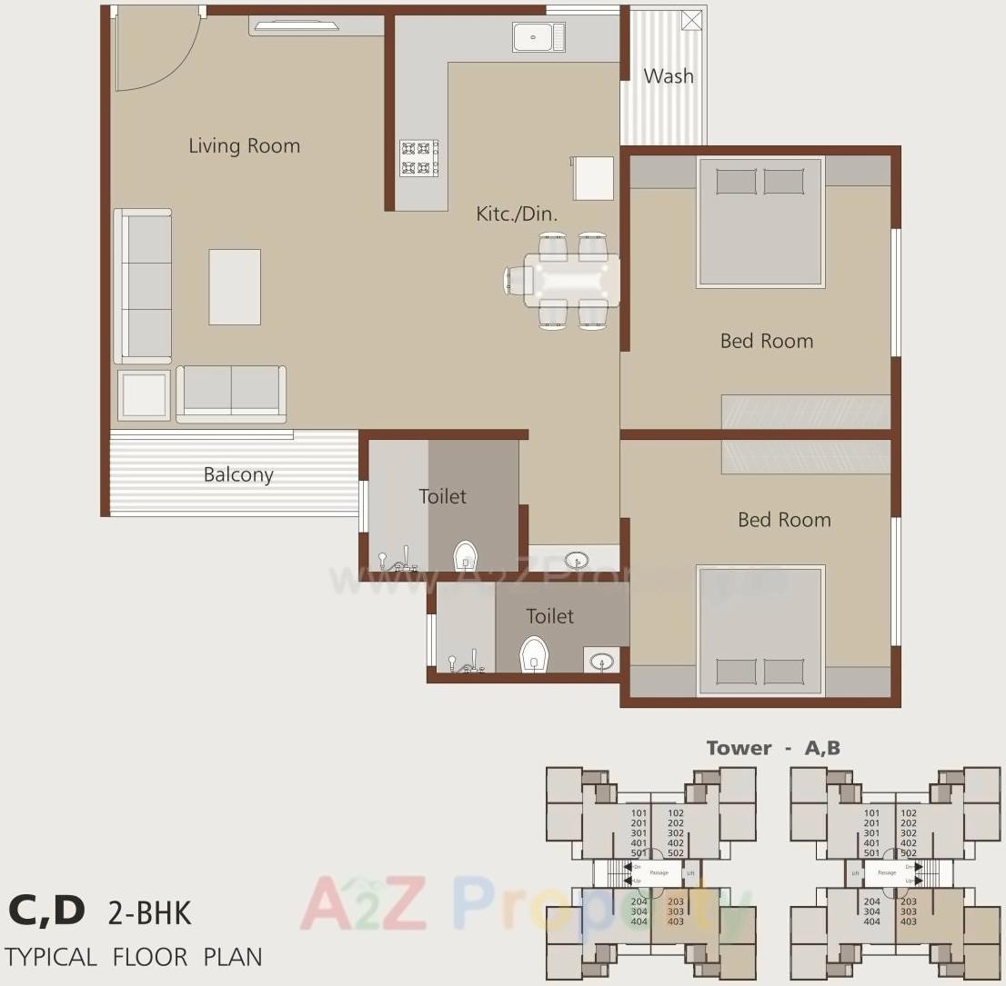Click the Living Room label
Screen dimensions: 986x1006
[x=244, y=145]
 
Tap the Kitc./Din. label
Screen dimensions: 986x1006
[x=517, y=214]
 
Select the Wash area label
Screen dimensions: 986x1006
[x=669, y=76]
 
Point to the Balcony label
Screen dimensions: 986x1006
[x=238, y=474]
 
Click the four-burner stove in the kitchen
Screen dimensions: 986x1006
[x=419, y=158]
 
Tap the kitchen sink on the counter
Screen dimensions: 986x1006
[x=538, y=37]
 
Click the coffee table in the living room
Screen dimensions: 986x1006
[x=235, y=287]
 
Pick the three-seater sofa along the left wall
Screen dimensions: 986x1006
[x=144, y=286]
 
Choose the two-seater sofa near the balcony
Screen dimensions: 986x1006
[x=231, y=393]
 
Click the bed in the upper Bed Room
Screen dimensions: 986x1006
[x=760, y=223]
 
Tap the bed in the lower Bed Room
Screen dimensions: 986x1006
[x=760, y=630]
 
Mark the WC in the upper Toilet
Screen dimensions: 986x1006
[x=466, y=553]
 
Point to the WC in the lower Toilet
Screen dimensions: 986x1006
[x=534, y=653]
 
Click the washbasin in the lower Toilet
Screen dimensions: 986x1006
[x=601, y=661]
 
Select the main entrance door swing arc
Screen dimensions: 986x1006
[x=159, y=50]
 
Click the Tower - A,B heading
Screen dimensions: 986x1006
[x=773, y=748]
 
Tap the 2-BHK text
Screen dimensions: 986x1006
[x=150, y=912]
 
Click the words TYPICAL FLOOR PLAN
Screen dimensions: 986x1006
[x=134, y=957]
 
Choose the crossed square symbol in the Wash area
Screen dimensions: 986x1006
[x=692, y=19]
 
